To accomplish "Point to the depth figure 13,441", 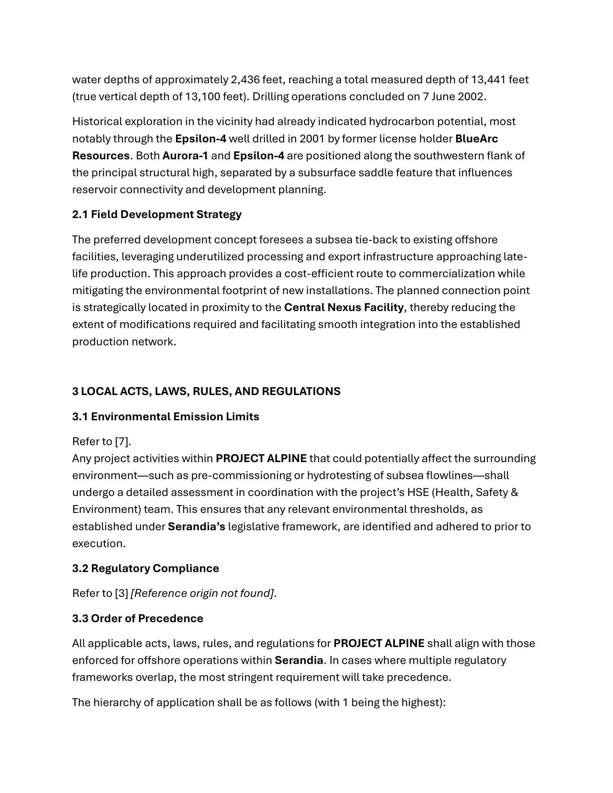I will pyautogui.click(x=488, y=80).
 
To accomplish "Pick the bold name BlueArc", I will pyautogui.click(x=476, y=139).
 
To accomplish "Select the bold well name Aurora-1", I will pyautogui.click(x=185, y=156).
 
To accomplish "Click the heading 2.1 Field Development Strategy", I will pyautogui.click(x=157, y=214).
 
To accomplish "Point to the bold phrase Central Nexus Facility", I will pyautogui.click(x=344, y=307).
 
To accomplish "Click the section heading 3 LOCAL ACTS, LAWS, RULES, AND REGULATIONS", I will pyautogui.click(x=206, y=391).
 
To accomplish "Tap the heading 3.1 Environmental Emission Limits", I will pyautogui.click(x=166, y=416).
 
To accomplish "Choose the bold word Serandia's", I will pyautogui.click(x=197, y=527).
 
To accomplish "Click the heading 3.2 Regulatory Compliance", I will pyautogui.click(x=146, y=568).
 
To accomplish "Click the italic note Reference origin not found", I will pyautogui.click(x=202, y=593).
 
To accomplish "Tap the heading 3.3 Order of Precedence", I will pyautogui.click(x=138, y=618).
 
